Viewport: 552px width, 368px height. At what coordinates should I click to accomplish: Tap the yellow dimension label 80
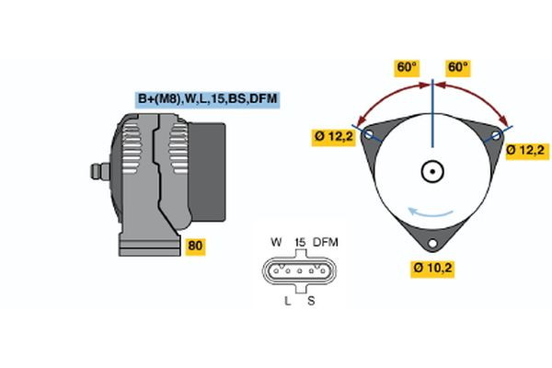click(195, 247)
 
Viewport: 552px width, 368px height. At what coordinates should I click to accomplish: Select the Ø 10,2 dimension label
click(431, 269)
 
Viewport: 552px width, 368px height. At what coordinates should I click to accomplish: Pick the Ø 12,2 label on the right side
click(528, 148)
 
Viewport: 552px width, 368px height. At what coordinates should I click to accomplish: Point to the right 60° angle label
click(457, 67)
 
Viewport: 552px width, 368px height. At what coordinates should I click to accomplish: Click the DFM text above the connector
click(326, 242)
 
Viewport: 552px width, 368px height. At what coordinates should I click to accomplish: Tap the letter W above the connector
click(276, 242)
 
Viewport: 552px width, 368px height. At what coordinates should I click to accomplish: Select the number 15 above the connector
click(299, 242)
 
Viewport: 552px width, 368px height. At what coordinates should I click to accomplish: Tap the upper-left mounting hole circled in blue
click(369, 134)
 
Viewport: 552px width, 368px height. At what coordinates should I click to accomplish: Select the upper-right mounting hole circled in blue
click(497, 134)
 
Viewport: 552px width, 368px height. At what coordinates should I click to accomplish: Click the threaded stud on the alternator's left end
click(96, 170)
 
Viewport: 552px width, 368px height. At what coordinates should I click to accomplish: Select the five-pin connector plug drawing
click(299, 272)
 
